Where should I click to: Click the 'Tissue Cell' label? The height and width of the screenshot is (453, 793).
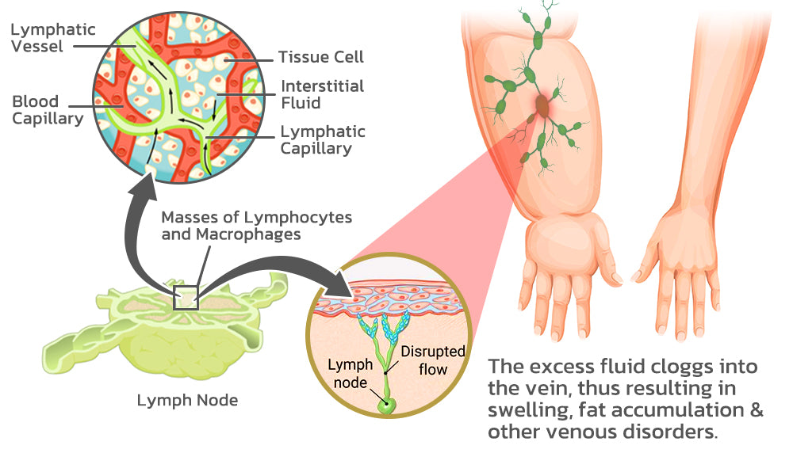coord(320,57)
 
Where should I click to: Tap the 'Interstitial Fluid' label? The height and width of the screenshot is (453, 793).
coord(323,94)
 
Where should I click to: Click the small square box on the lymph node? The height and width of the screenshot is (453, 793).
coord(186,297)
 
